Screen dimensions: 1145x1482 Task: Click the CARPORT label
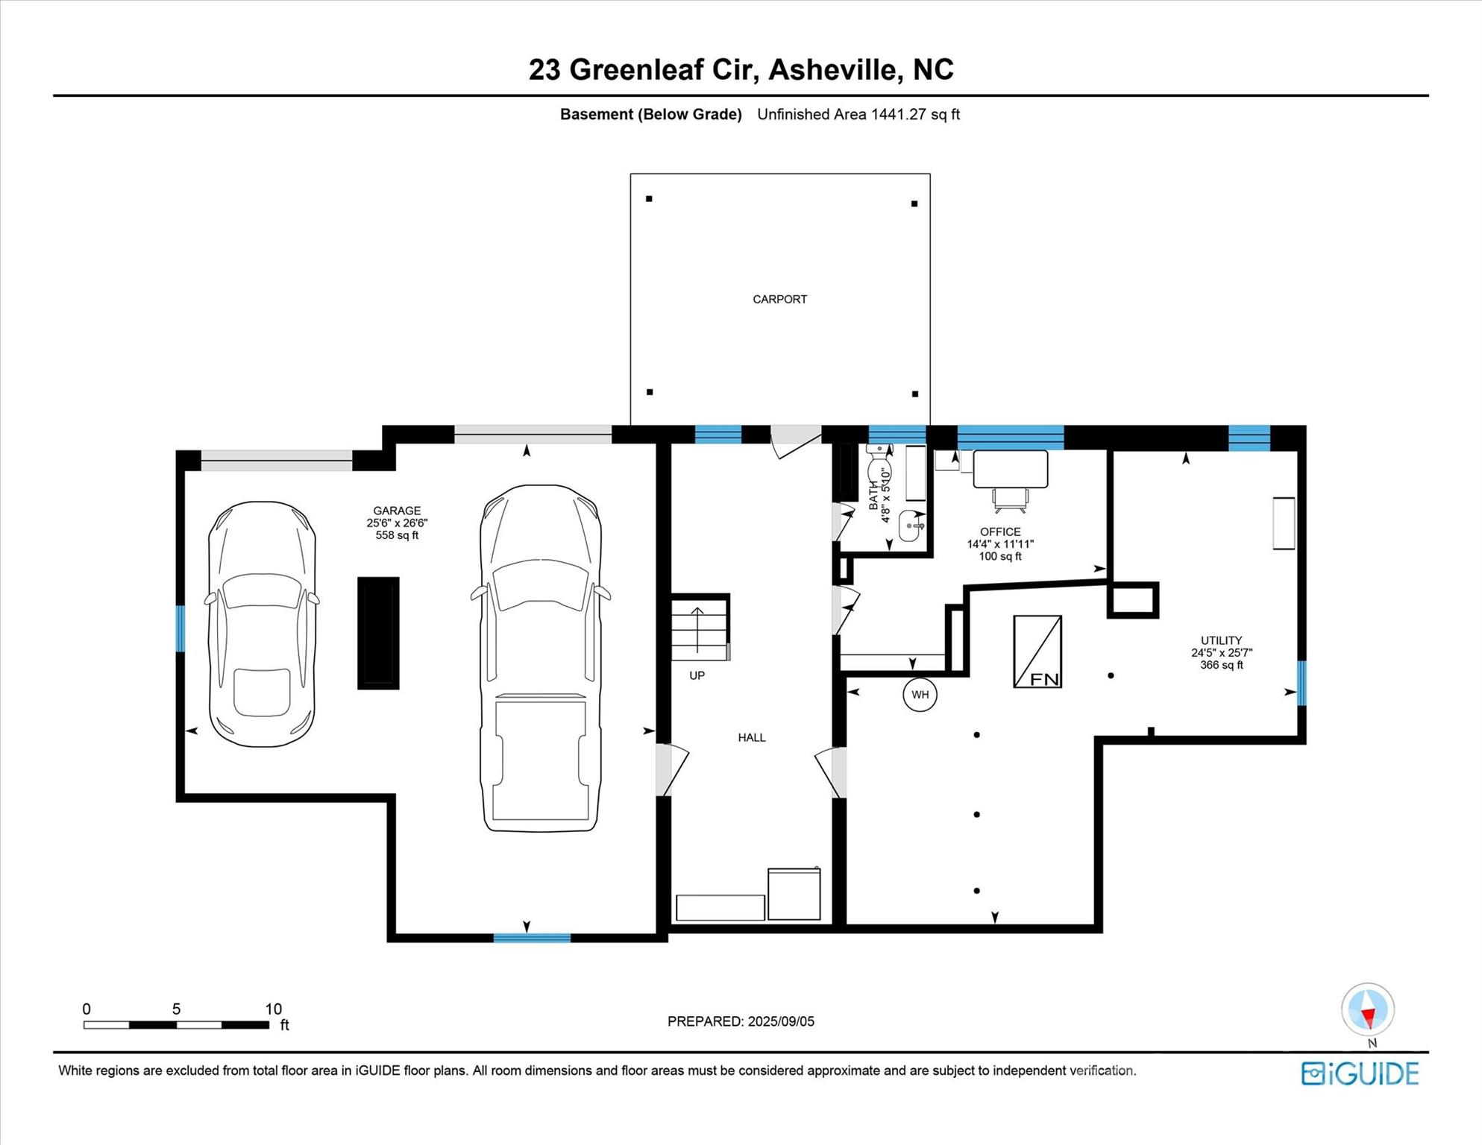click(779, 299)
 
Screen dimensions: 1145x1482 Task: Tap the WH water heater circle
click(920, 695)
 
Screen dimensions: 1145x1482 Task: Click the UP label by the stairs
click(697, 675)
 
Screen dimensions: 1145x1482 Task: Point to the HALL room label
click(752, 737)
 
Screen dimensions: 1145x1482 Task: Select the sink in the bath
click(911, 526)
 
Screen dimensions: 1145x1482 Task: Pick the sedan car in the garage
click(261, 624)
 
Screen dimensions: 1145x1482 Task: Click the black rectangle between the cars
click(378, 633)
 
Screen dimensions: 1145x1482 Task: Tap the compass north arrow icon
click(1367, 1010)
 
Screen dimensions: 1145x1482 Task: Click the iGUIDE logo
click(1360, 1073)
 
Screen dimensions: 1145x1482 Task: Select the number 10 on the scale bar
click(273, 1009)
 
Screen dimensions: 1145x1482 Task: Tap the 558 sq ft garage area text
click(397, 535)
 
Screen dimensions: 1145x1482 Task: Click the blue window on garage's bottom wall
click(532, 938)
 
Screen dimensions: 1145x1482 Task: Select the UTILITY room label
click(1221, 640)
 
